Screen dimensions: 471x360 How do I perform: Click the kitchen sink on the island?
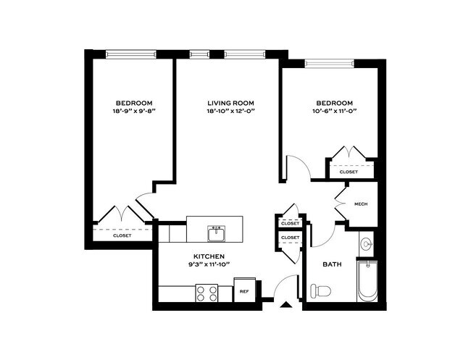coord(216,233)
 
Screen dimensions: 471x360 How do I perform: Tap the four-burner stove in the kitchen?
coord(207,293)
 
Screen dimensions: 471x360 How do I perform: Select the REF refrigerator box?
coord(244,290)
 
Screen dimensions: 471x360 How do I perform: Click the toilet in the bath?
coord(321,290)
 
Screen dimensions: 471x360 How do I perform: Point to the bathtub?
coord(367,281)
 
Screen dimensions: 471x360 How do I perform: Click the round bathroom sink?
coord(367,243)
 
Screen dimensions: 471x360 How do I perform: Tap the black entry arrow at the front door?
coord(286,305)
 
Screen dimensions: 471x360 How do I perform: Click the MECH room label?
coord(361,204)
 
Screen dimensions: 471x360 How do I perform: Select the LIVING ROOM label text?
coord(230,104)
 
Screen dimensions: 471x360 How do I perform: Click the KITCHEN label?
coord(209,256)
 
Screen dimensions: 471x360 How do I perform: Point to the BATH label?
coord(332,264)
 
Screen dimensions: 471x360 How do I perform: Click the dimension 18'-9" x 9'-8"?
coord(134,111)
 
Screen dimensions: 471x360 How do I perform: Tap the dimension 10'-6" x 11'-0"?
coord(334,111)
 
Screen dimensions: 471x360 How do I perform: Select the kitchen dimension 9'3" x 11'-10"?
coord(209,264)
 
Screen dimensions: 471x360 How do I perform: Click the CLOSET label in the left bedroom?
coord(122,235)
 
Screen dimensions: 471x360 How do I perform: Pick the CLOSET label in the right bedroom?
coord(349,172)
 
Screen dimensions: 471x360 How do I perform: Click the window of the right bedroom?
coord(330,63)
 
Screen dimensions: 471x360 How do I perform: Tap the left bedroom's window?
coord(131,54)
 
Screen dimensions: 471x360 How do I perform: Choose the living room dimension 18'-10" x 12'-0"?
coord(230,111)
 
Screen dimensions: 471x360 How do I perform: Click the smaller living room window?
coord(199,54)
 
